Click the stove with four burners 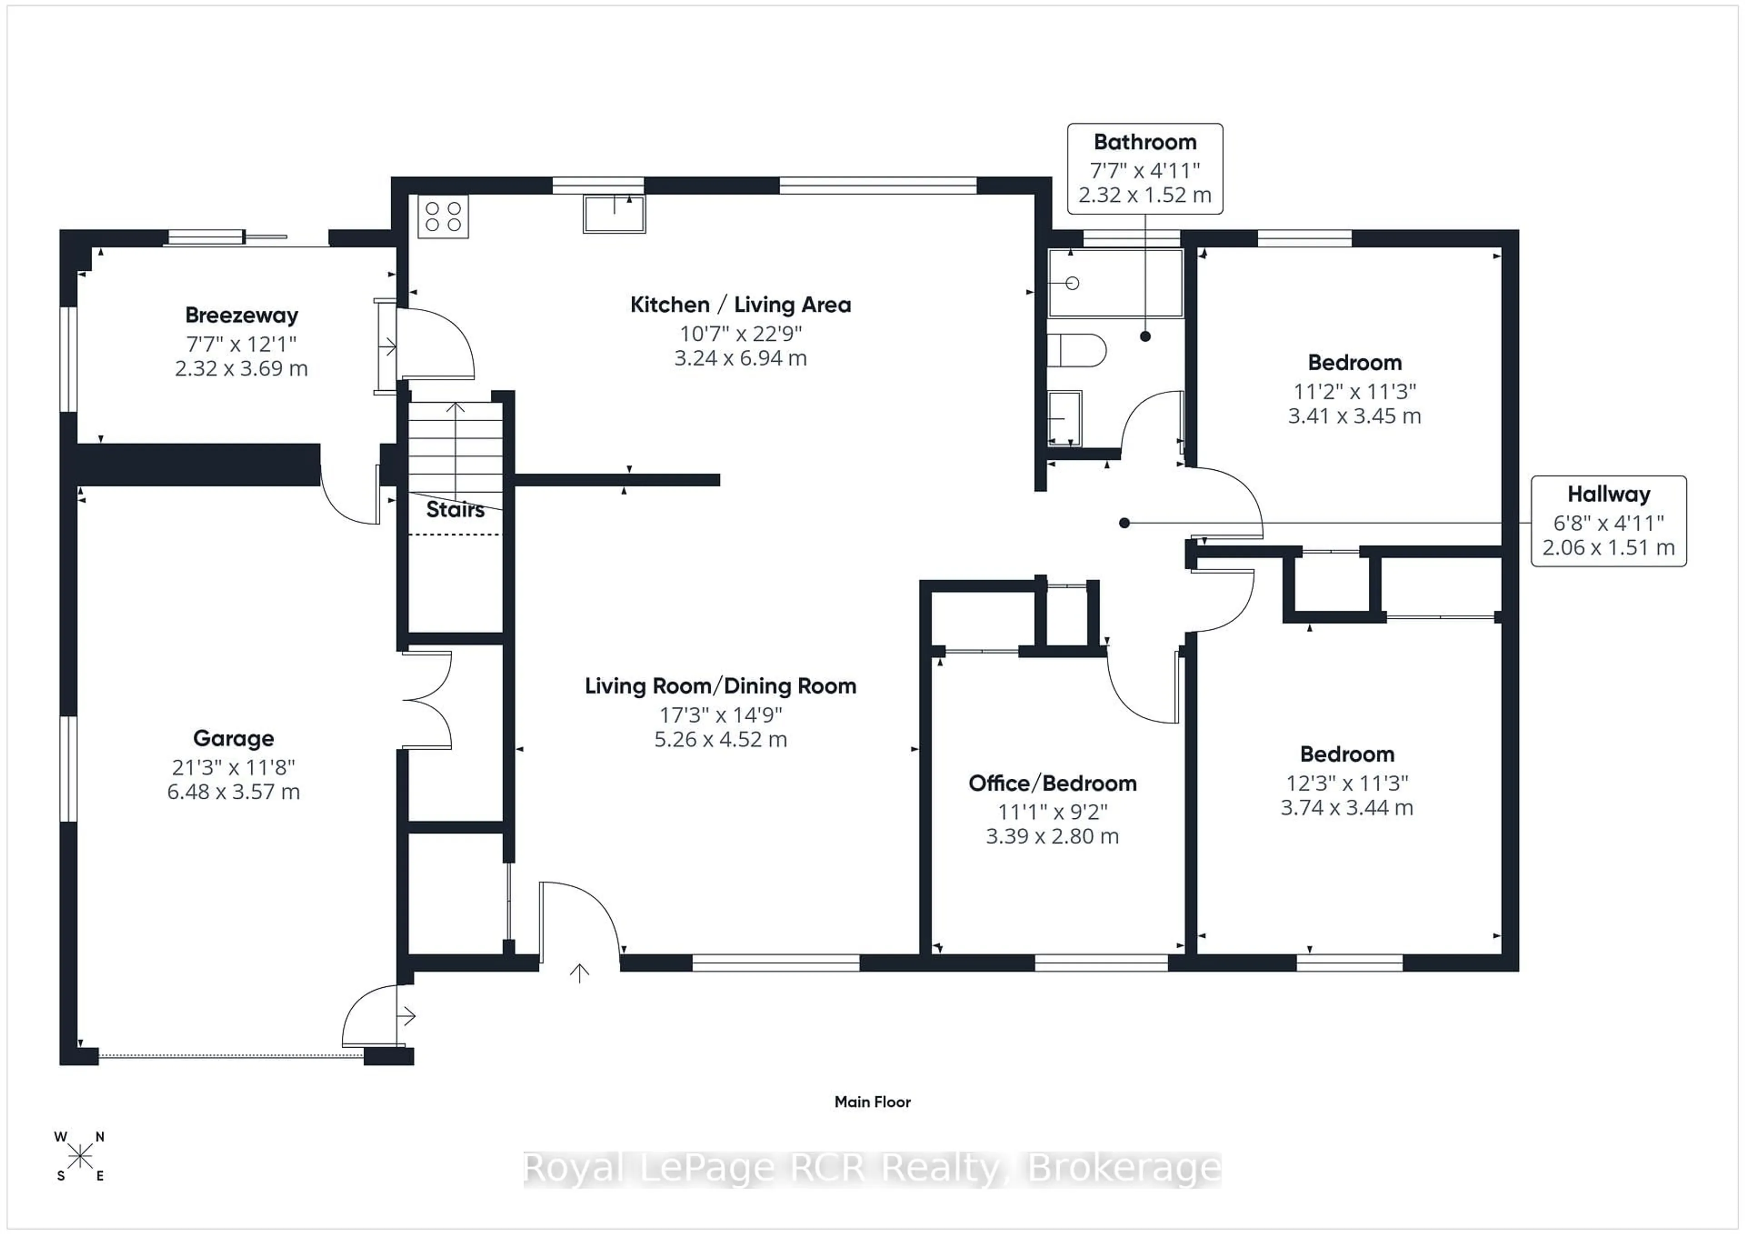[x=443, y=216]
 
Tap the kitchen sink [x=614, y=214]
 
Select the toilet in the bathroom [x=1076, y=350]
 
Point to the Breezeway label [x=242, y=315]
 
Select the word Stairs [x=455, y=509]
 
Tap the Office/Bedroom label [x=1052, y=783]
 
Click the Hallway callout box [x=1608, y=521]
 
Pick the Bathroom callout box [x=1145, y=169]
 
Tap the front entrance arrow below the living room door [x=580, y=973]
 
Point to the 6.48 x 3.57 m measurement [x=233, y=792]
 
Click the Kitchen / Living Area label [x=740, y=305]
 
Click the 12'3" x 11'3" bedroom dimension [x=1347, y=783]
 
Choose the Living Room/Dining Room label [x=721, y=686]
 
